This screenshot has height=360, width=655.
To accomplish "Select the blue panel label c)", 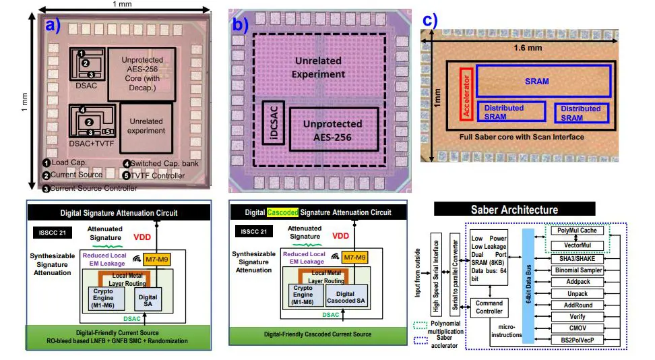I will pyautogui.click(x=430, y=20).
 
